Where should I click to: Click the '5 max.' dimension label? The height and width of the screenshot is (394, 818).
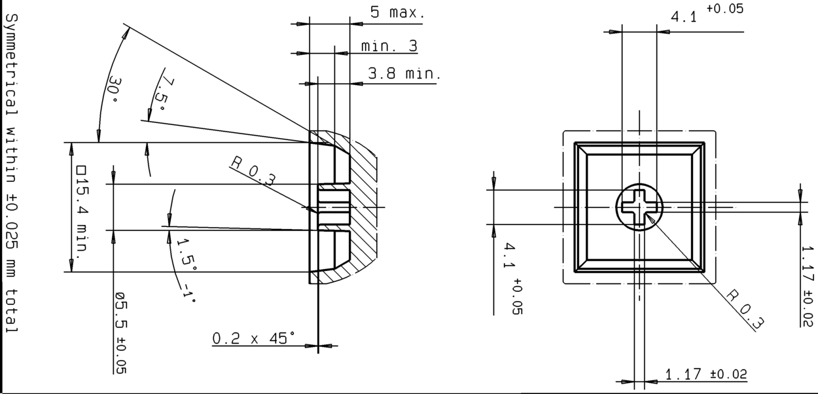[x=398, y=12]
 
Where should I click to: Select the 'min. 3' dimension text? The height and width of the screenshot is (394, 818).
[x=389, y=46]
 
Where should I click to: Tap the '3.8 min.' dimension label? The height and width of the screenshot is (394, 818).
[x=404, y=73]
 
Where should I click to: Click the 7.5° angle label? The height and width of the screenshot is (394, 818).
[x=161, y=89]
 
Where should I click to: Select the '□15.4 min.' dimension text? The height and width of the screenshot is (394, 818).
[x=81, y=213]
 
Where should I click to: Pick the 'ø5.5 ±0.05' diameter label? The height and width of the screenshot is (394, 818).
[x=120, y=333]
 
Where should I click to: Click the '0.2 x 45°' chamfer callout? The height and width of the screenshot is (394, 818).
[x=253, y=338]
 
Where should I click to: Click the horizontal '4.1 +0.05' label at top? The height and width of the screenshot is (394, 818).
[x=705, y=14]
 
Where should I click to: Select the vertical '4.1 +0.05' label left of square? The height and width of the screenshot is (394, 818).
[x=512, y=278]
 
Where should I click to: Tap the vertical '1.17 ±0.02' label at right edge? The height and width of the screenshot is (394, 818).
[x=809, y=285]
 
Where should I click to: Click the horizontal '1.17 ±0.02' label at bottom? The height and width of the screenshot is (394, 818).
[x=705, y=374]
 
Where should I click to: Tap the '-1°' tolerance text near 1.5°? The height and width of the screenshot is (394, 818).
[x=188, y=291]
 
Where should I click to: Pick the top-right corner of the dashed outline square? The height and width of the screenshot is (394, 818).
[x=715, y=132]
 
